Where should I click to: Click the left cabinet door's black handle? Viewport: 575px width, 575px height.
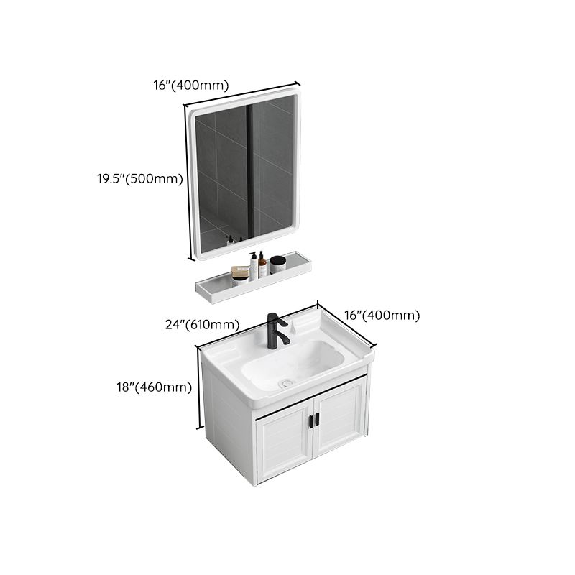(x=310, y=420)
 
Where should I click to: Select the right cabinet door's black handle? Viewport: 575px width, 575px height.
(x=317, y=418)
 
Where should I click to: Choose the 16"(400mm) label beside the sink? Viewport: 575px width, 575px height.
(x=382, y=315)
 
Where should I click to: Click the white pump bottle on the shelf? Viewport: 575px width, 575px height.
(x=254, y=266)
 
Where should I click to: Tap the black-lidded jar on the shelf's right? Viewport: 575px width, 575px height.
(x=277, y=264)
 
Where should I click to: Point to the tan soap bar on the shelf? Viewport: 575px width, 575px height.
(x=240, y=273)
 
